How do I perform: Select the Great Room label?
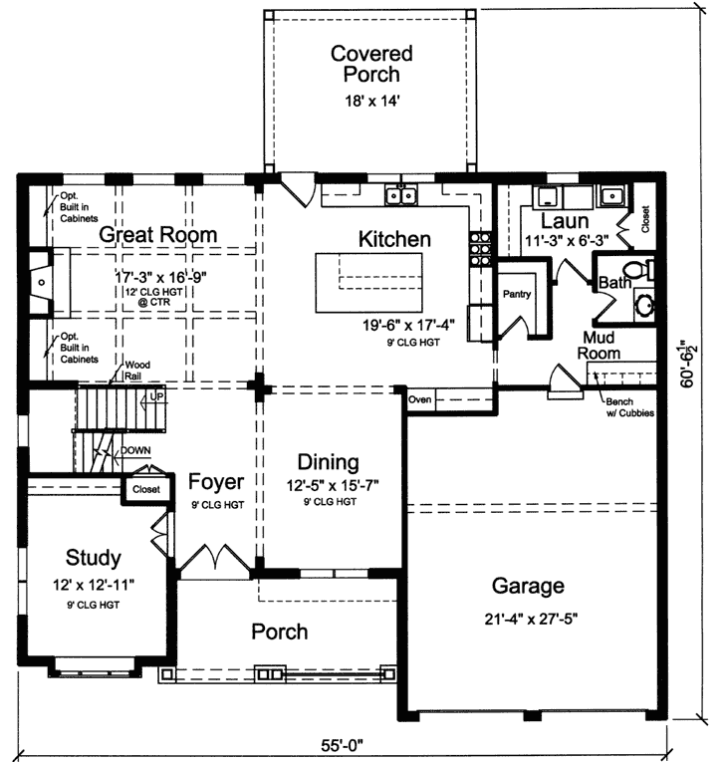click(x=158, y=235)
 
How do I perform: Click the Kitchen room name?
click(x=394, y=239)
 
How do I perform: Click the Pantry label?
click(x=517, y=295)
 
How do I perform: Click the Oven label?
click(x=419, y=400)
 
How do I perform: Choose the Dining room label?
click(x=329, y=461)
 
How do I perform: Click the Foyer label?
click(x=216, y=482)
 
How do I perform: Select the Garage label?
click(x=528, y=586)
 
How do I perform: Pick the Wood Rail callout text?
click(x=134, y=371)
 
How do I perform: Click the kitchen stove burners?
click(x=481, y=246)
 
